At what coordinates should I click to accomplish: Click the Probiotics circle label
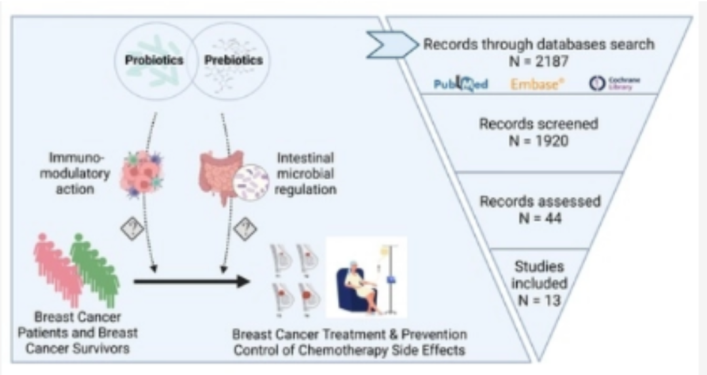point(154,60)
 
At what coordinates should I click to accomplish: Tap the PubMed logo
point(462,84)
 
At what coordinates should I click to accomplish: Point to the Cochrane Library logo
point(615,83)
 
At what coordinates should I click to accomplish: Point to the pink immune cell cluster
point(143,172)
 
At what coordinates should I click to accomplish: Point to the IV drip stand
point(390,275)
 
